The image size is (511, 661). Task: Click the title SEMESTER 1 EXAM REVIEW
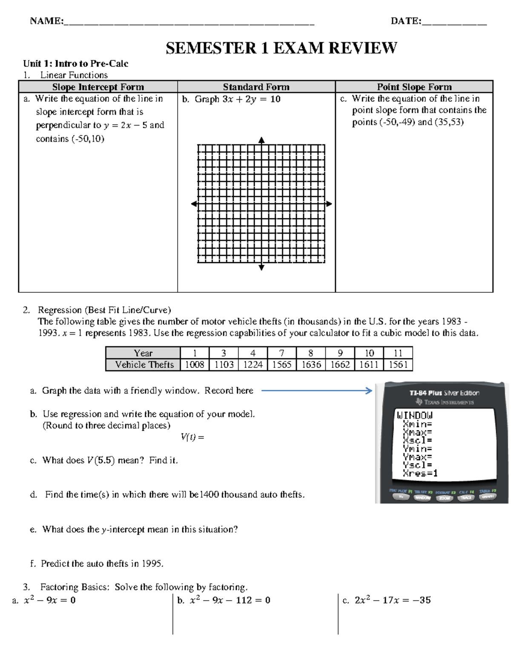[x=281, y=48]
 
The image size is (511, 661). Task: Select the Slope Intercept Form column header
[x=98, y=87]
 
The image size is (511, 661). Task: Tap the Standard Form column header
[x=256, y=87]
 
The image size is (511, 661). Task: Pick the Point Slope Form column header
[x=414, y=87]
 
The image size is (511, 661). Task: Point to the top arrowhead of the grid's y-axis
[x=261, y=140]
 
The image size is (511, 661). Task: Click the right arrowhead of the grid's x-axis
[x=329, y=204]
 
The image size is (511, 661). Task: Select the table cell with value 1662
[x=340, y=365]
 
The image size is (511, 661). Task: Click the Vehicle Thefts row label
[x=144, y=365]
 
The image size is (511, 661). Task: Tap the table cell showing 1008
[x=195, y=365]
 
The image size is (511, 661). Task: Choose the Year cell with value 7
[x=281, y=353]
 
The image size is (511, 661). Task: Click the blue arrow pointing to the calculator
[x=317, y=391]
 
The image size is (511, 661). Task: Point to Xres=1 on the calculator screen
[x=420, y=473]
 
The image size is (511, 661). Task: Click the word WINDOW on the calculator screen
[x=414, y=415]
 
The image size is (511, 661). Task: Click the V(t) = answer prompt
[x=192, y=437]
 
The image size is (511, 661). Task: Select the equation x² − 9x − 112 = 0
[x=230, y=600]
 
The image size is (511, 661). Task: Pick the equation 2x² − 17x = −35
[x=392, y=600]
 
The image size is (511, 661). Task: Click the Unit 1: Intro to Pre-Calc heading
[x=75, y=64]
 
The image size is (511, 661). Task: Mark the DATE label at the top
[x=406, y=21]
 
